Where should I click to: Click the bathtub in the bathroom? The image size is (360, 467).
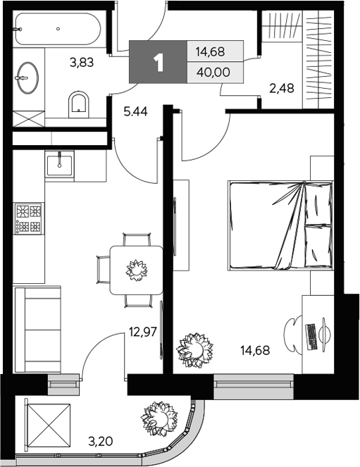(x=57, y=29)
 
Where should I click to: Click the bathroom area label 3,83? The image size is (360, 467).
(x=81, y=63)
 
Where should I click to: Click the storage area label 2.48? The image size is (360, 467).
(x=281, y=88)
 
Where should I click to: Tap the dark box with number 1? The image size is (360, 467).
(x=158, y=63)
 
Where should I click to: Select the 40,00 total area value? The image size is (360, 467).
(x=215, y=73)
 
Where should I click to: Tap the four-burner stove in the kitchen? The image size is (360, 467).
(x=29, y=218)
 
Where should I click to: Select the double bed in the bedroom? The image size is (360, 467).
(x=279, y=225)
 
